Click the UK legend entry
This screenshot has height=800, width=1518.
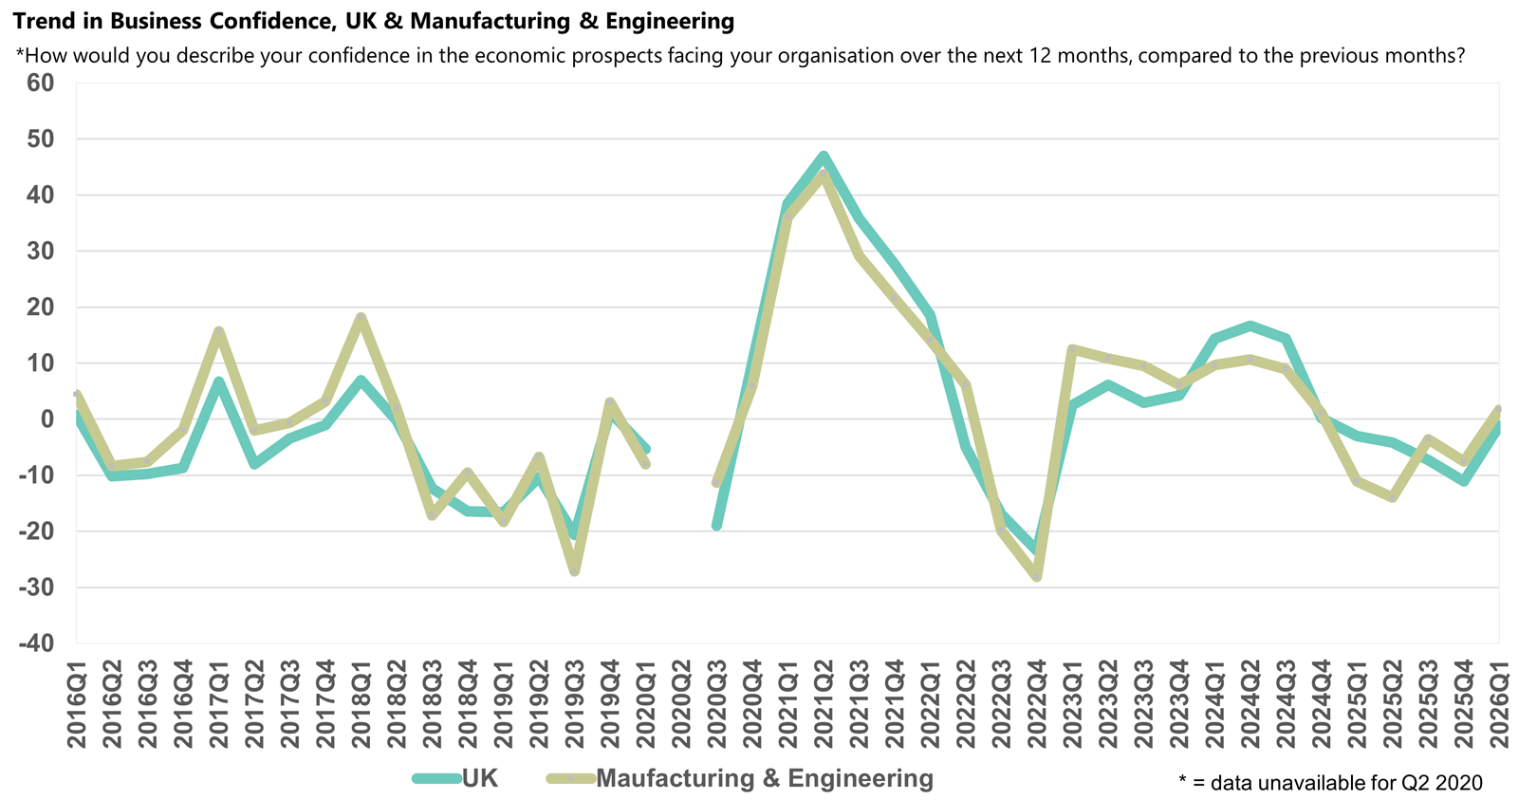point(479,779)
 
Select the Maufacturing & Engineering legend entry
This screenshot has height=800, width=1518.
point(764,779)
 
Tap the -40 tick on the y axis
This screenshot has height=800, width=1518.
point(34,643)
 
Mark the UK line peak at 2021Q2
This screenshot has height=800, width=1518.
point(824,156)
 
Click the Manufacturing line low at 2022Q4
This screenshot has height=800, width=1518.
point(1037,576)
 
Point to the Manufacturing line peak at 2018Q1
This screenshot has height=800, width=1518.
point(361,318)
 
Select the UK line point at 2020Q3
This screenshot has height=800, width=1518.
point(717,525)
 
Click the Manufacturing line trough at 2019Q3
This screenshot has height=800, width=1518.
point(574,571)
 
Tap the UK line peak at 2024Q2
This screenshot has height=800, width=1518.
point(1250,326)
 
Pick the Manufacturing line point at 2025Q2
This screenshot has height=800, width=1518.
point(1393,497)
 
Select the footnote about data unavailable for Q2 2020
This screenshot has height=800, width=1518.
point(1330,782)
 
